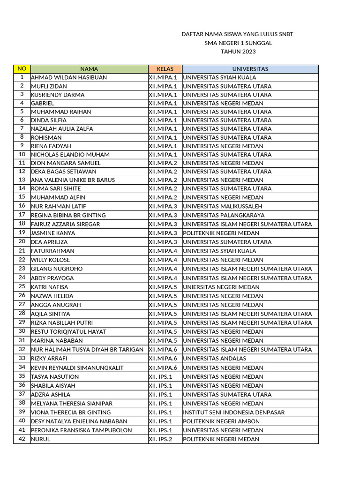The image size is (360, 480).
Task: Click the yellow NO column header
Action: pyautogui.click(x=22, y=69)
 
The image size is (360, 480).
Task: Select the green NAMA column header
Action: pyautogui.click(x=89, y=69)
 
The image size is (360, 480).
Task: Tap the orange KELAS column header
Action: pyautogui.click(x=165, y=69)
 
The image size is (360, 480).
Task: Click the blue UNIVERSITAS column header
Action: pyautogui.click(x=250, y=69)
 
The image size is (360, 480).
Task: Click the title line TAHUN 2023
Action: pyautogui.click(x=238, y=52)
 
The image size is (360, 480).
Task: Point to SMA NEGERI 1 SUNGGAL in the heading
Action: pyautogui.click(x=238, y=43)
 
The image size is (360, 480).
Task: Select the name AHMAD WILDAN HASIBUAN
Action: pyautogui.click(x=69, y=77)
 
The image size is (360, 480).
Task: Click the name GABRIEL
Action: pyautogui.click(x=43, y=103)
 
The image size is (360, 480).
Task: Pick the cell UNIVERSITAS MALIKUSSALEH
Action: pyautogui.click(x=223, y=206)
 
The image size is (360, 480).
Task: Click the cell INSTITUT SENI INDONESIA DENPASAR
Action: pyautogui.click(x=234, y=412)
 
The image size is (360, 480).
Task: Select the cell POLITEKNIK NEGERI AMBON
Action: pyautogui.click(x=221, y=421)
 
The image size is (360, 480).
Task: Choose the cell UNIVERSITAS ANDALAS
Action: pyautogui.click(x=215, y=359)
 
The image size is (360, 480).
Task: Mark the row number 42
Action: pyautogui.click(x=22, y=439)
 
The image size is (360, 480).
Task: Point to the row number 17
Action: pyautogui.click(x=22, y=215)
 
